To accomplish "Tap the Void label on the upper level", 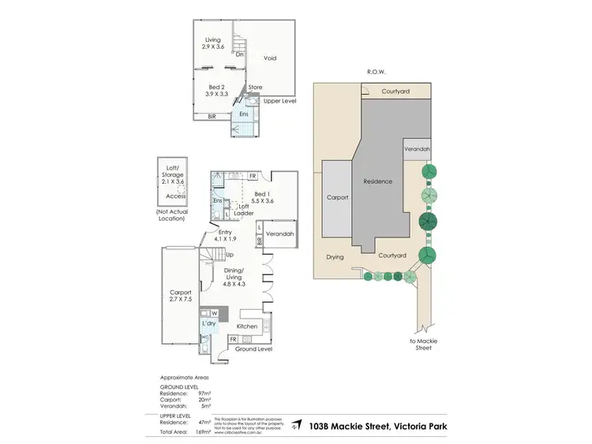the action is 269,58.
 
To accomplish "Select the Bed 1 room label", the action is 264,196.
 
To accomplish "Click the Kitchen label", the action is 248,326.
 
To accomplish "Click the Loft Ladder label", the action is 244,209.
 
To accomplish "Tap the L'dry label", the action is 209,324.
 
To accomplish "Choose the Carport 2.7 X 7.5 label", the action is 181,297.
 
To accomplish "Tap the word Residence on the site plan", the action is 377,181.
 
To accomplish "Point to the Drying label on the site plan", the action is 335,257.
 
